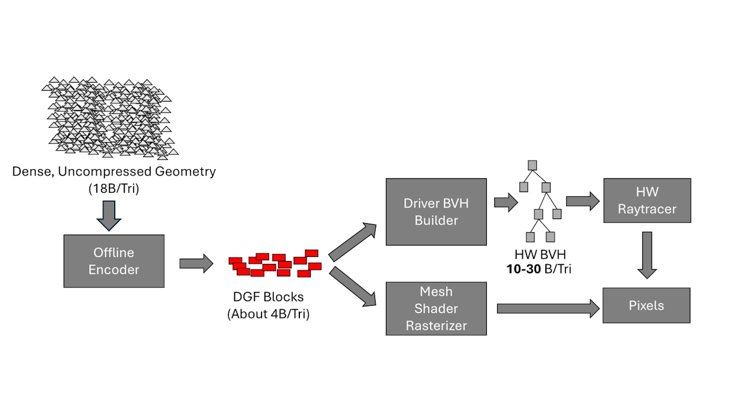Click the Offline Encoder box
tap(114, 261)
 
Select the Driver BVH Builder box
tap(436, 212)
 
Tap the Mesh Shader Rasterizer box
tap(436, 309)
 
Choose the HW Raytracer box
tap(647, 200)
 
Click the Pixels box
tap(646, 305)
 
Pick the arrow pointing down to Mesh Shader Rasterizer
tap(352, 286)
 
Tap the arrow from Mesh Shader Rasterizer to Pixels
tap(548, 309)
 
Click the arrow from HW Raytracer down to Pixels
tap(647, 255)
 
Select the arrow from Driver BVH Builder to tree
tap(505, 202)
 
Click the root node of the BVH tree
tap(533, 165)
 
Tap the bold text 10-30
tap(524, 269)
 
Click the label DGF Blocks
tap(268, 297)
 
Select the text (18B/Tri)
tap(114, 188)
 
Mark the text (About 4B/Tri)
tap(268, 314)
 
